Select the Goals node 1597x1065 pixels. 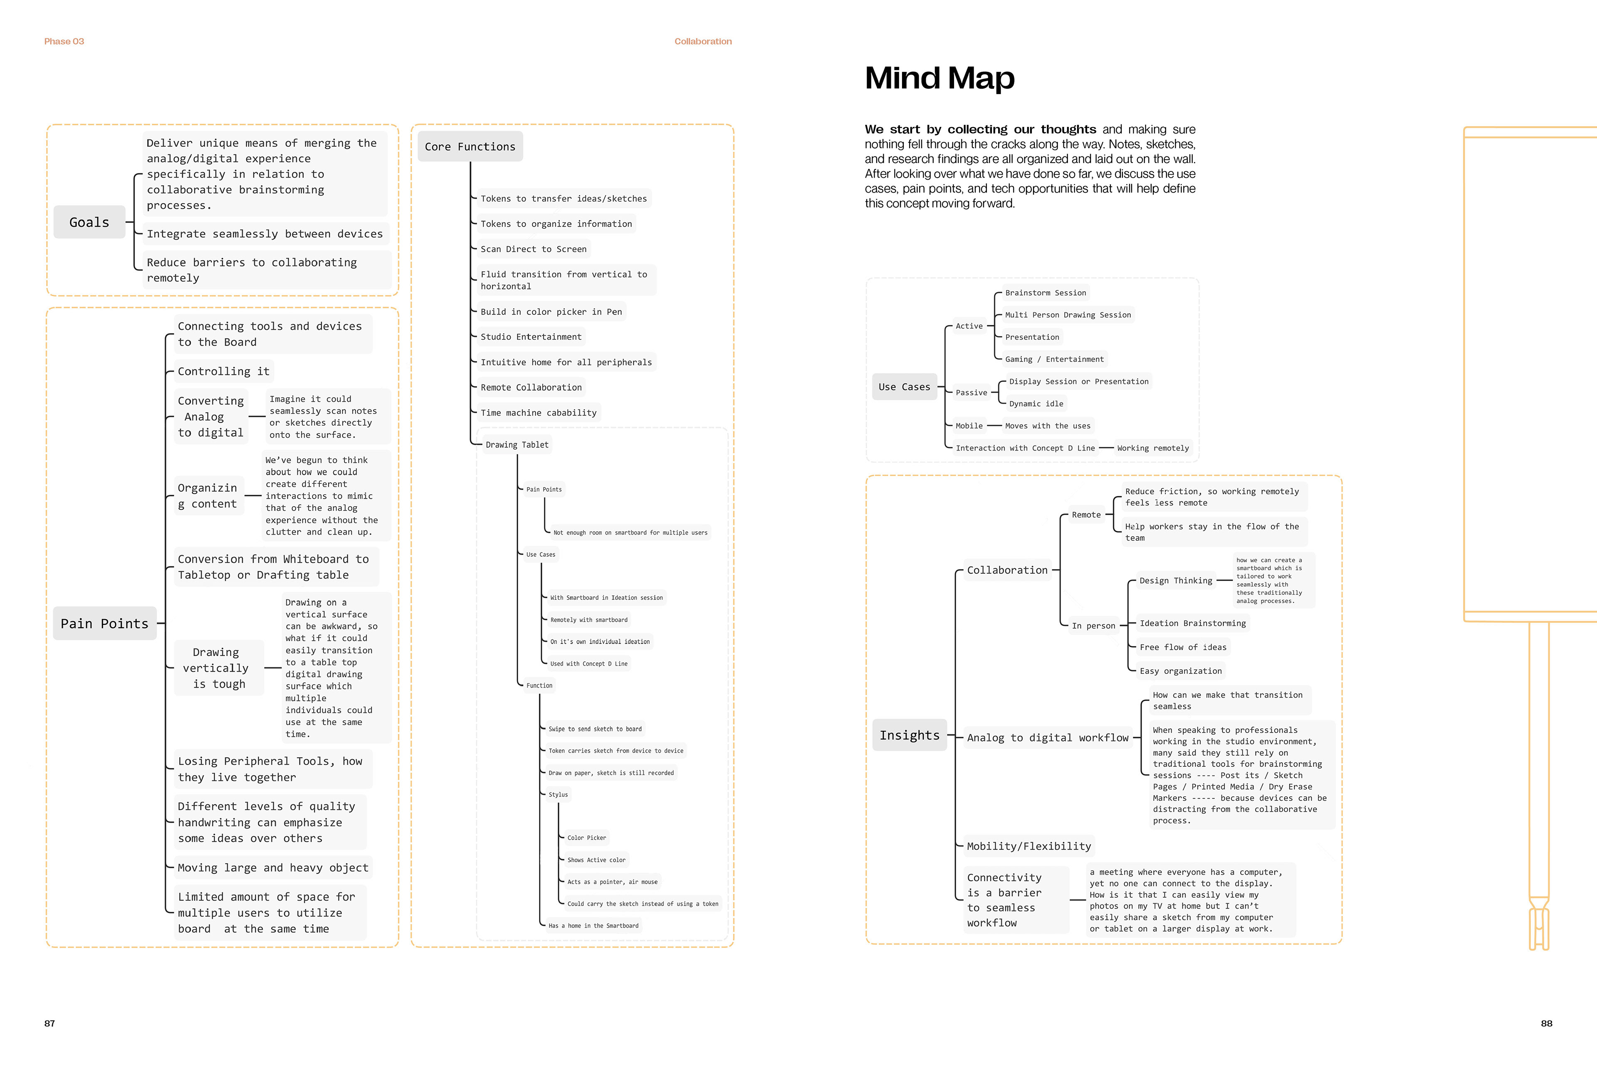(89, 222)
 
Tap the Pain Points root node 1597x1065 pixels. (104, 624)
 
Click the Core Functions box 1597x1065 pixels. (470, 147)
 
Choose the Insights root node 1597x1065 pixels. (909, 735)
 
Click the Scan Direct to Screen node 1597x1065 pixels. (533, 249)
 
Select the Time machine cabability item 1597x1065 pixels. (539, 413)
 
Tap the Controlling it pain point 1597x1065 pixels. (223, 372)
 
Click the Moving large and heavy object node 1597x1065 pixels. (273, 868)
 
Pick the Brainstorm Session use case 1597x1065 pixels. (1045, 293)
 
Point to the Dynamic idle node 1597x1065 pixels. (1036, 404)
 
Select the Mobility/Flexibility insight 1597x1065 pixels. (1028, 846)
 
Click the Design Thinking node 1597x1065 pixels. (1175, 581)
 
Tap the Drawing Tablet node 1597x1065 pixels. (517, 445)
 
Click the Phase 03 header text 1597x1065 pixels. (64, 42)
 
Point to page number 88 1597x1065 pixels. (1546, 1023)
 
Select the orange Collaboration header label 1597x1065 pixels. (703, 42)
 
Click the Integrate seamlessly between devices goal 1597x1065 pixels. (265, 234)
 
